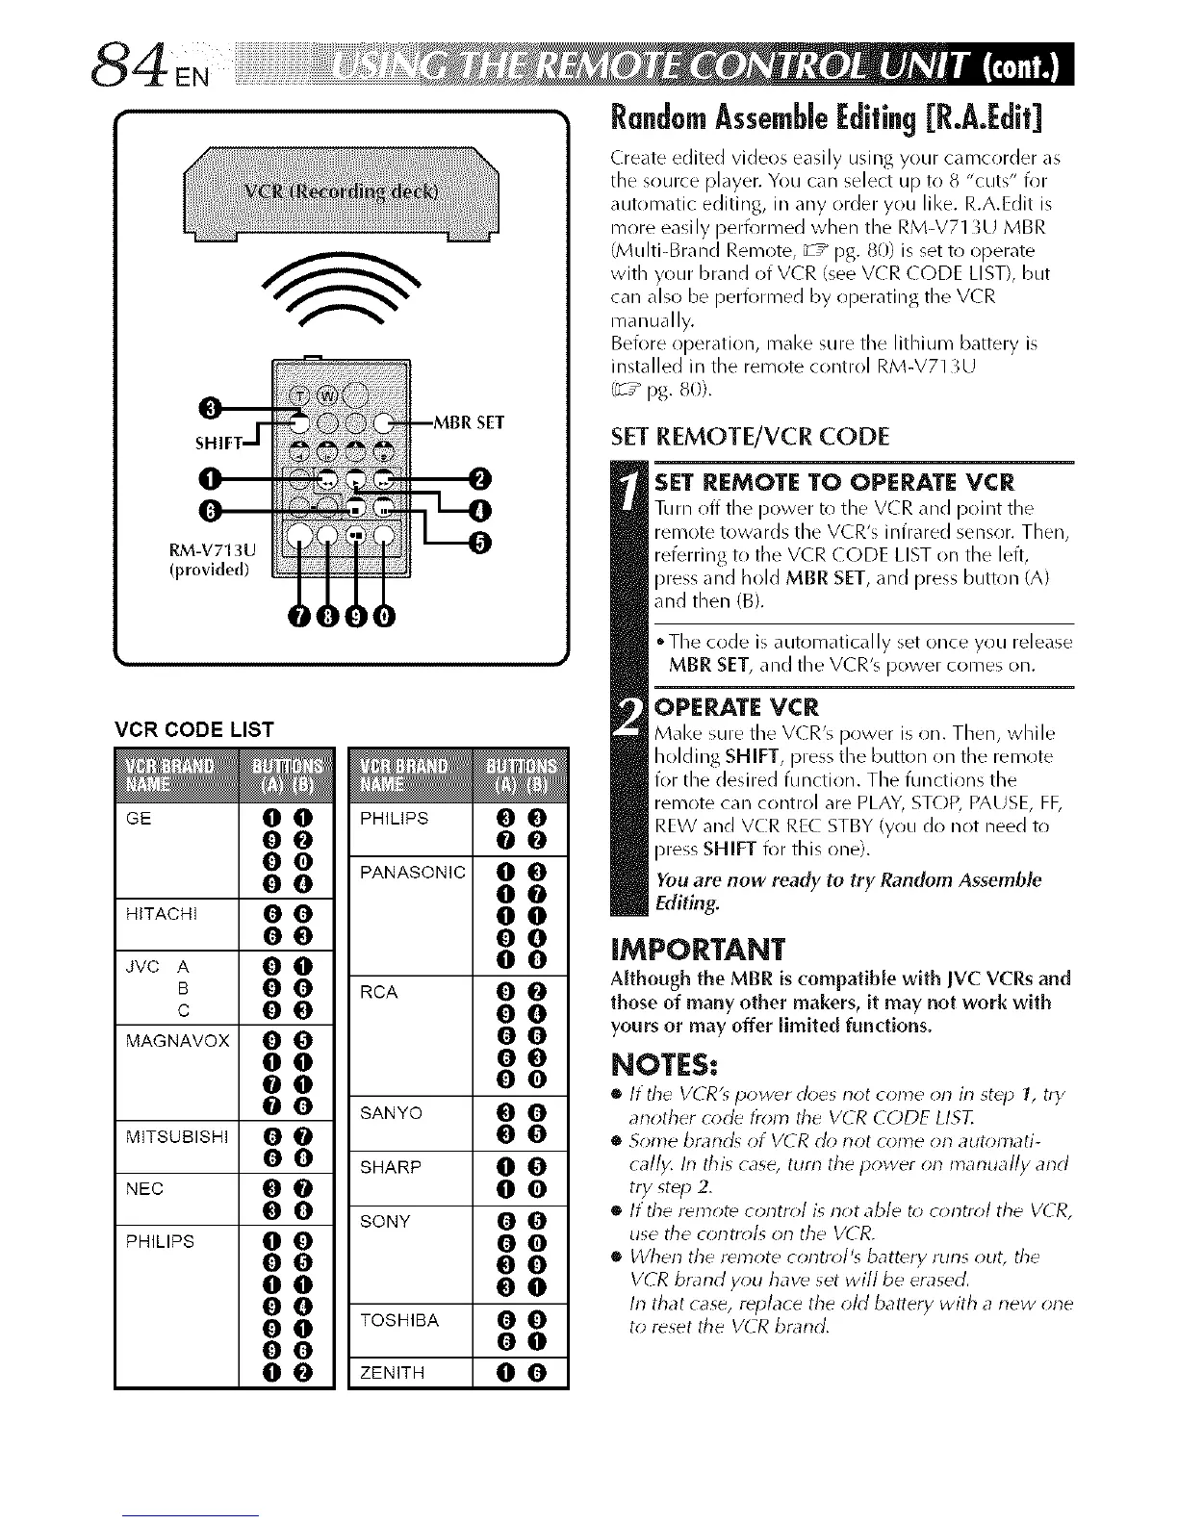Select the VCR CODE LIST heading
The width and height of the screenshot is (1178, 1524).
(x=194, y=729)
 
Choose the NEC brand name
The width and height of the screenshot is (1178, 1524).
(x=144, y=1188)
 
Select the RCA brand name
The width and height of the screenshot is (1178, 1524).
(x=378, y=992)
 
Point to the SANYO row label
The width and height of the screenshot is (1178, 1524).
(x=391, y=1113)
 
